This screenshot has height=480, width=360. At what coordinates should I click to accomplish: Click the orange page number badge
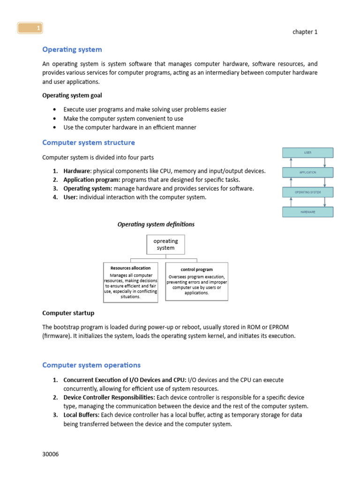30,29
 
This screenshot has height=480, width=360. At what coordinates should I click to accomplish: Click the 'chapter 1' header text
305,32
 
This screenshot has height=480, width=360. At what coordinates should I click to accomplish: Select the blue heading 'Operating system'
72,49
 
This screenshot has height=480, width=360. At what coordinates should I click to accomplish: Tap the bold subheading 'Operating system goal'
72,95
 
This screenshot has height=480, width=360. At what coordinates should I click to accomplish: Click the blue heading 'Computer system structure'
89,142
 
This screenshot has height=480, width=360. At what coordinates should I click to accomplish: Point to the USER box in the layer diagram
307,153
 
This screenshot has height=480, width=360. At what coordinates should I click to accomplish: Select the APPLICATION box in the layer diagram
307,172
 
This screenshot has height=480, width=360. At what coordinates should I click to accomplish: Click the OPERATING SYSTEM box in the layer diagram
307,192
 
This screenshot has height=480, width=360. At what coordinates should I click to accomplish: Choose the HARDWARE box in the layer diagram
307,212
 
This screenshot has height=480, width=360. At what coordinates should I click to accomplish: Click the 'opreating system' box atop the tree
165,244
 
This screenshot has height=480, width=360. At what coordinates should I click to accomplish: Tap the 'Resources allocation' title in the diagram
130,268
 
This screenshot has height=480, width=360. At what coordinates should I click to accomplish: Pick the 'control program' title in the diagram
196,270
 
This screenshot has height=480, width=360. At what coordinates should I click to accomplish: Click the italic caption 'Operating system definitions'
156,225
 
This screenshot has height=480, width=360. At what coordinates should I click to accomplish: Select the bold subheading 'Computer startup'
68,313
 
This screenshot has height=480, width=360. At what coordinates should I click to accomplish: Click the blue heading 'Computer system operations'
91,365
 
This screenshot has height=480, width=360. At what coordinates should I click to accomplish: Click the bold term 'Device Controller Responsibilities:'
109,397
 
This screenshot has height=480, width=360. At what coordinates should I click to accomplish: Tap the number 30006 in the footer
51,454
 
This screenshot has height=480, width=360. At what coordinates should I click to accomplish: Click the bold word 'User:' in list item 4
71,197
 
